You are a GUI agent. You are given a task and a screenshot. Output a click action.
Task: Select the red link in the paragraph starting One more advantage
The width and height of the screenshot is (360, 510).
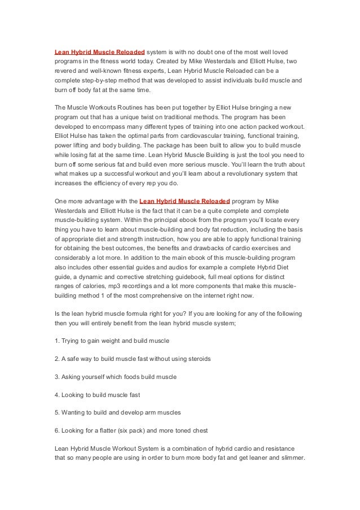click(185, 200)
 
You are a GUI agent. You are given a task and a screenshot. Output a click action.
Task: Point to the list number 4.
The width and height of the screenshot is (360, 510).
click(56, 394)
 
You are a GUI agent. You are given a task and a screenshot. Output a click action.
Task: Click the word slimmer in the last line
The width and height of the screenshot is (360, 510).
click(289, 457)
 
